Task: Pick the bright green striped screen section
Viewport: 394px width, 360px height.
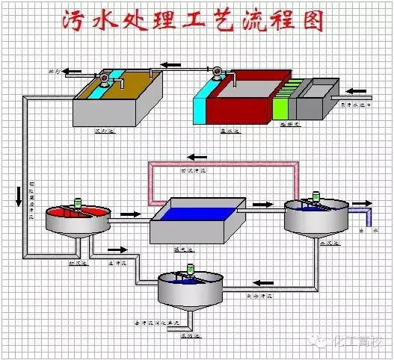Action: coord(280,104)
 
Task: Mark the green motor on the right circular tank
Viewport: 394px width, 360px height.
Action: coord(317,198)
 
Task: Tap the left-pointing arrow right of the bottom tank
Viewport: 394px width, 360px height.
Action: coord(261,282)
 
